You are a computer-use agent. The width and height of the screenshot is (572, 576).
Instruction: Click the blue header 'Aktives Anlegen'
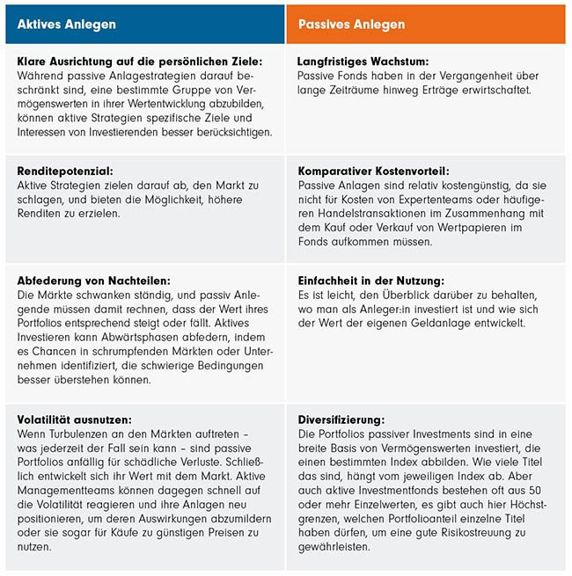67,25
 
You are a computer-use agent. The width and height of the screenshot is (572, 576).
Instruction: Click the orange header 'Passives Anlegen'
351,25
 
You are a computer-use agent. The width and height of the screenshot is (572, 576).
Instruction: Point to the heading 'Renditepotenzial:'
66,171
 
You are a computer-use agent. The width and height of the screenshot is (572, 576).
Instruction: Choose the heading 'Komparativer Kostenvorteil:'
373,171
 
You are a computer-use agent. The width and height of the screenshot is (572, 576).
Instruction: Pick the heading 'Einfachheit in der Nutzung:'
370,280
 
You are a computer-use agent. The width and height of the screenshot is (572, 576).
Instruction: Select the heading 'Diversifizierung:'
341,420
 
